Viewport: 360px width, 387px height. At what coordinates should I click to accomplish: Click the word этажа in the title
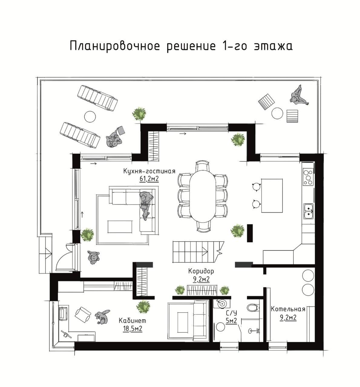274,46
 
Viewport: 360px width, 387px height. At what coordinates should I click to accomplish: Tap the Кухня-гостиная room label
149,171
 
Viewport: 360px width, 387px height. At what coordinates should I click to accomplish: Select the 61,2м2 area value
149,179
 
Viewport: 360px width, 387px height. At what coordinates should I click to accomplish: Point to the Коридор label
201,272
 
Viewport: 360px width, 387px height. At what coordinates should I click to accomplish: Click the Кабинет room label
133,321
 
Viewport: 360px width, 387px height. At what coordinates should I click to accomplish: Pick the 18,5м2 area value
133,329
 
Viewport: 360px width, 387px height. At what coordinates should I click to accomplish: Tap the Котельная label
288,309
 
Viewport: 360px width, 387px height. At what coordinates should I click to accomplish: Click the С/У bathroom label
231,313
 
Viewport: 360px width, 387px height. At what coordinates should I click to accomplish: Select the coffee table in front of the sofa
119,226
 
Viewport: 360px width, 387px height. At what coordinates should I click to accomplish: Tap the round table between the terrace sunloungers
90,116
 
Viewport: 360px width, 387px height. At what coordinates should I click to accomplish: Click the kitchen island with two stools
272,196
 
